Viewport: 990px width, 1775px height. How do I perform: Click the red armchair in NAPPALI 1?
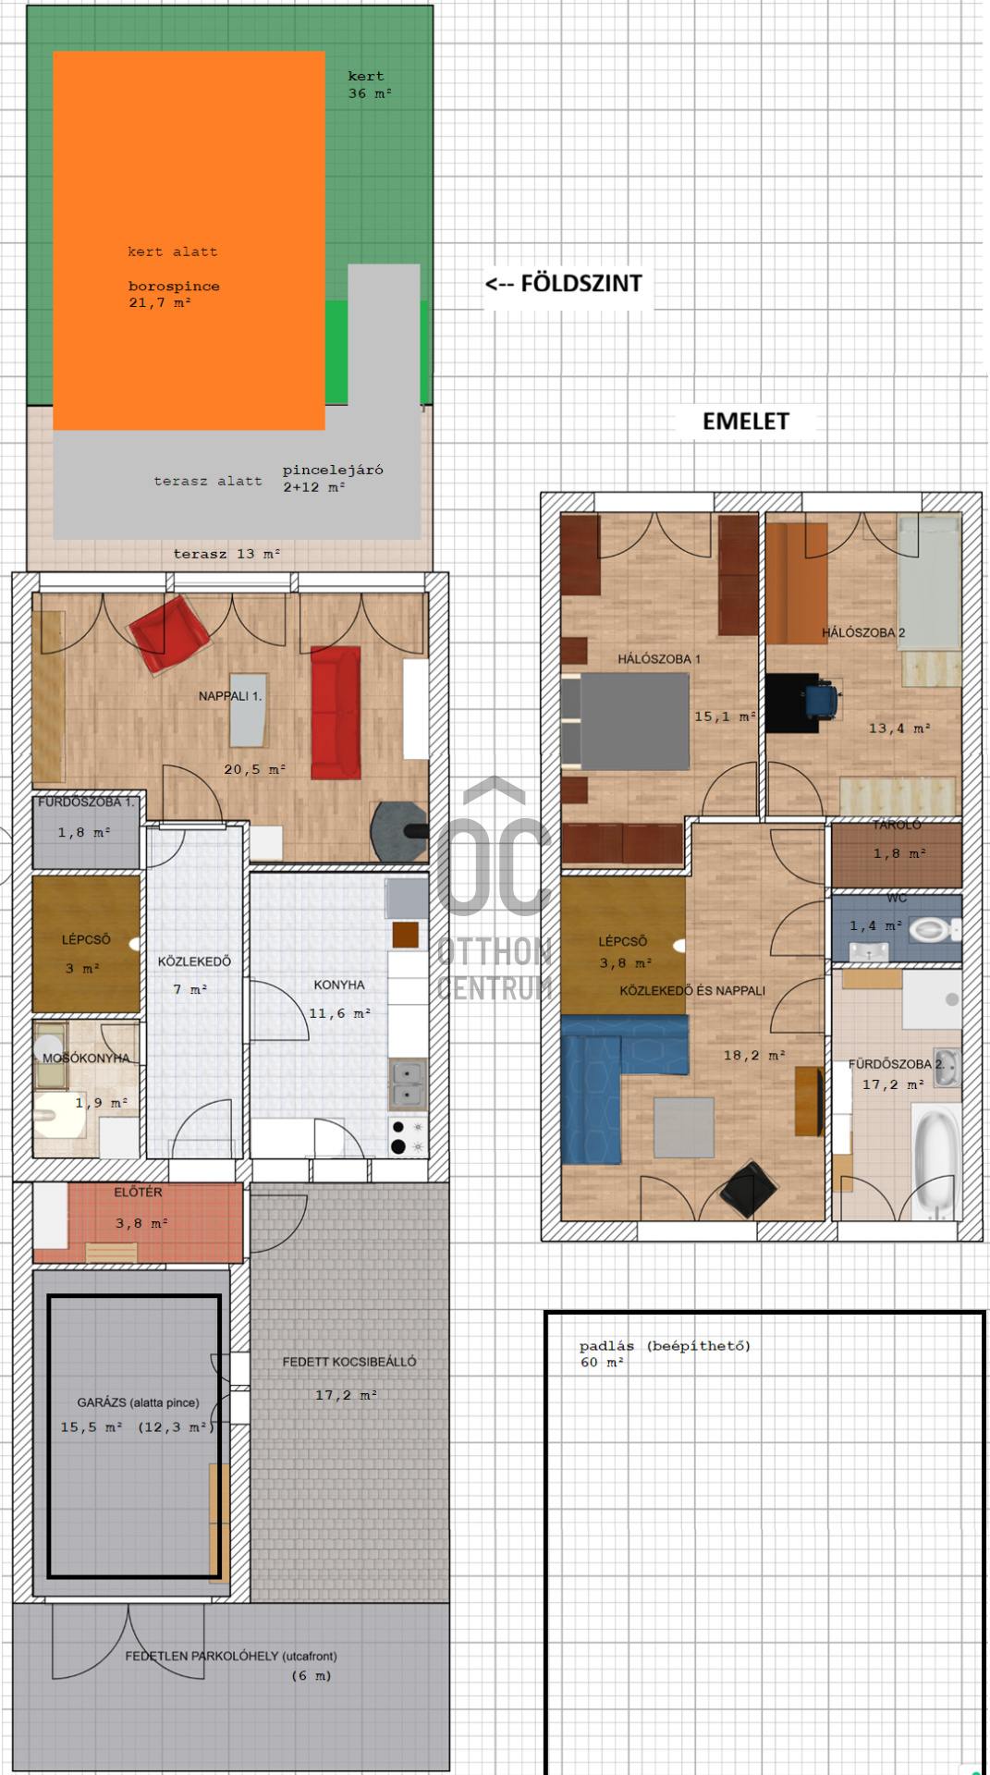click(x=169, y=633)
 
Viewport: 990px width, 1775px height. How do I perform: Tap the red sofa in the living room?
click(x=336, y=713)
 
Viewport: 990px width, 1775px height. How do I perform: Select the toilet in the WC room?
click(x=934, y=930)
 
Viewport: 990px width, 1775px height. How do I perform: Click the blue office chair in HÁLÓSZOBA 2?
click(x=821, y=700)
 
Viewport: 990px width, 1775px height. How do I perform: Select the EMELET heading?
click(x=746, y=422)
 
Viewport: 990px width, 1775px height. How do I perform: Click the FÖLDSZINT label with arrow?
click(x=564, y=283)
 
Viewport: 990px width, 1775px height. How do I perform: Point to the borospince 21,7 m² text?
click(x=174, y=294)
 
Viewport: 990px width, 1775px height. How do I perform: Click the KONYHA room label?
click(x=339, y=985)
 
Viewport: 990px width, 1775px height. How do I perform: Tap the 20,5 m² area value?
click(x=254, y=769)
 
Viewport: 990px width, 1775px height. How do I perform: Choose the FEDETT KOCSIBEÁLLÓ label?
click(x=349, y=1362)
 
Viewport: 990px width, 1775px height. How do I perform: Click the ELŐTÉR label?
click(x=138, y=1193)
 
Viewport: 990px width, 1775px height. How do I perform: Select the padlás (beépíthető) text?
click(x=665, y=1346)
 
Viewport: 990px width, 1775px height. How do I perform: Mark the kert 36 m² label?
click(x=370, y=85)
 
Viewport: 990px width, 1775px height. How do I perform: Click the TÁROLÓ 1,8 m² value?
click(x=899, y=853)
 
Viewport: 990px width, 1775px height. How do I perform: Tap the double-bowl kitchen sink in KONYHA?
click(x=408, y=1083)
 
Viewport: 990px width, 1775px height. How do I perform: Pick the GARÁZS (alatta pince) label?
click(x=138, y=1402)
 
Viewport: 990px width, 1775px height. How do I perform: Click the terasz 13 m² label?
click(x=226, y=554)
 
